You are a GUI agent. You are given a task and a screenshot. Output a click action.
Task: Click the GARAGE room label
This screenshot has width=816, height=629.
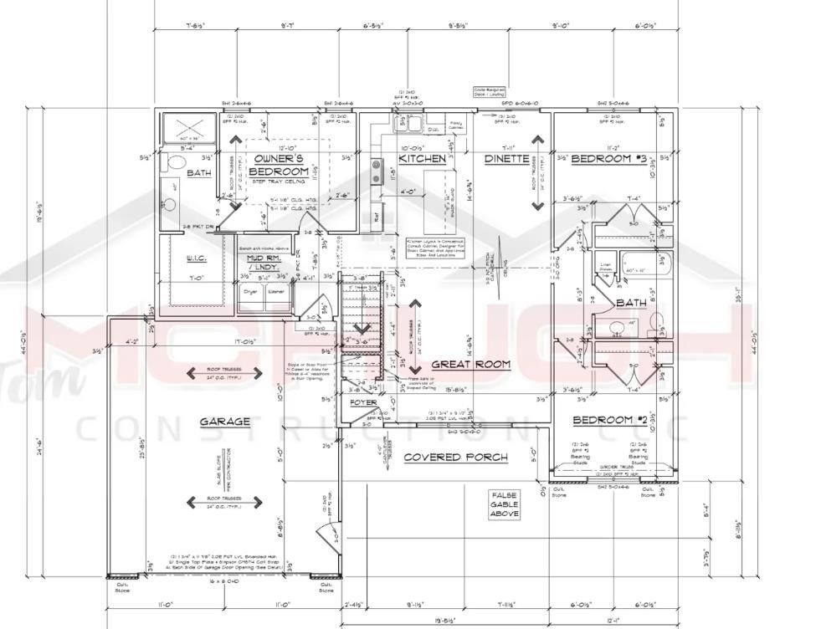coord(224,422)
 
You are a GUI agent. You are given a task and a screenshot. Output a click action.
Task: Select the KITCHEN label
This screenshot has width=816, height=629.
coord(422,158)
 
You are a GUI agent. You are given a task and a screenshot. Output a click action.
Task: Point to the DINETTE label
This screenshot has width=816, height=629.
coord(507,158)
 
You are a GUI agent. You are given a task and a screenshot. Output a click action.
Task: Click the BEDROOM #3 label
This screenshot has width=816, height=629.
coord(608,158)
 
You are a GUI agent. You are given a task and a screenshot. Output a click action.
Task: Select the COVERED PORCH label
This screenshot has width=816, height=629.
coord(455,458)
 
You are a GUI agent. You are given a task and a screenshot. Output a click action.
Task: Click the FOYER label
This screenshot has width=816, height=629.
coord(363,402)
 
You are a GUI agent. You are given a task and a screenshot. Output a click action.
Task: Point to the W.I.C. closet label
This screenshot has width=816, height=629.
coord(196,259)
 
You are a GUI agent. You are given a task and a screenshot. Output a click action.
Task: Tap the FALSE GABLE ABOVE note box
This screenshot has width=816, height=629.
coord(505,504)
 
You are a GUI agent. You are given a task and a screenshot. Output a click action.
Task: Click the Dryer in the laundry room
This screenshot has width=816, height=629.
coord(249,292)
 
